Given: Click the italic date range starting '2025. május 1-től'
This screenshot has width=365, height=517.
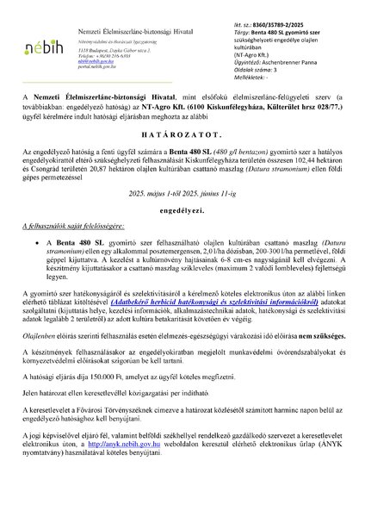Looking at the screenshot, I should [182, 219].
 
